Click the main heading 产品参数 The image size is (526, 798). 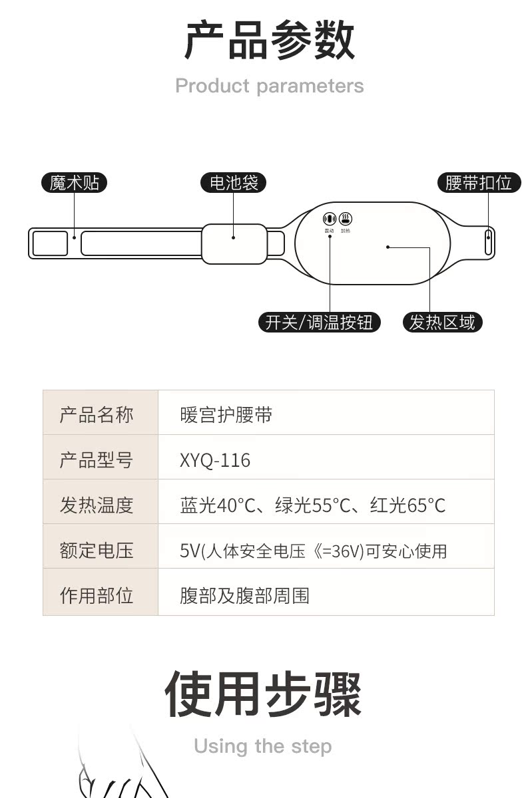click(269, 41)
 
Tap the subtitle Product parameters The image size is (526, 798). click(269, 86)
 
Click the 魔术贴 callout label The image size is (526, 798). click(74, 182)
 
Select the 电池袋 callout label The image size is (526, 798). click(233, 182)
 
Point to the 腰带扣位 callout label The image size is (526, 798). click(479, 182)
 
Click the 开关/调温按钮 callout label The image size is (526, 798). click(319, 323)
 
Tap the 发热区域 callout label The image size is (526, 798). click(442, 323)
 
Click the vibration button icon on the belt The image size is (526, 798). click(329, 218)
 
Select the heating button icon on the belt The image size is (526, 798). click(346, 218)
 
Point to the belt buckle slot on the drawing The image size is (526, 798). click(489, 242)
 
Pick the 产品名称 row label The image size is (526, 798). click(97, 415)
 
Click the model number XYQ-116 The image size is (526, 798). click(215, 460)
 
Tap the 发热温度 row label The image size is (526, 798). click(97, 505)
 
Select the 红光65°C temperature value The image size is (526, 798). click(407, 505)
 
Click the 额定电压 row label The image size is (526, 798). click(97, 550)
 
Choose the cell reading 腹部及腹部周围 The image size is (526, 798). click(244, 595)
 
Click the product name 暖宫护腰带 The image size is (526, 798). click(226, 415)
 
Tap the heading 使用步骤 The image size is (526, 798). click(263, 694)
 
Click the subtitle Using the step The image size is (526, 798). click(262, 745)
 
